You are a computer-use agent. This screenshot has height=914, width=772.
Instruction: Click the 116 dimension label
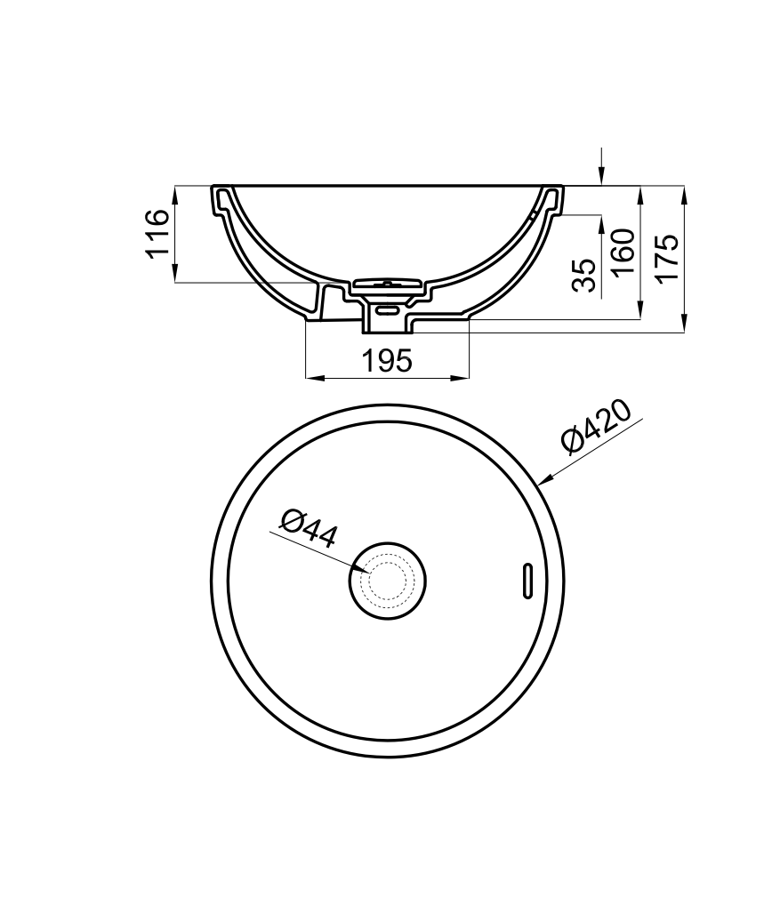[157, 234]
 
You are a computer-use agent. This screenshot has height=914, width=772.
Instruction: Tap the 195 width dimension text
[387, 361]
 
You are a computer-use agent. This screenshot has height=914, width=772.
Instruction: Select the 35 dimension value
[584, 275]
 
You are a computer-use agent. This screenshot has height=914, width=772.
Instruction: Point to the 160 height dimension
[624, 253]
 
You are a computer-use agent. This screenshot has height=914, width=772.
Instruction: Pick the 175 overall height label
[668, 259]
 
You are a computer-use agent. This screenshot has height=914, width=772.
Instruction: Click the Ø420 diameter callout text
[596, 426]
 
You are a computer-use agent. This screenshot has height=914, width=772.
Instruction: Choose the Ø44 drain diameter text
[309, 529]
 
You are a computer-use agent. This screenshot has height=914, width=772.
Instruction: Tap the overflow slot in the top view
[527, 581]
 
